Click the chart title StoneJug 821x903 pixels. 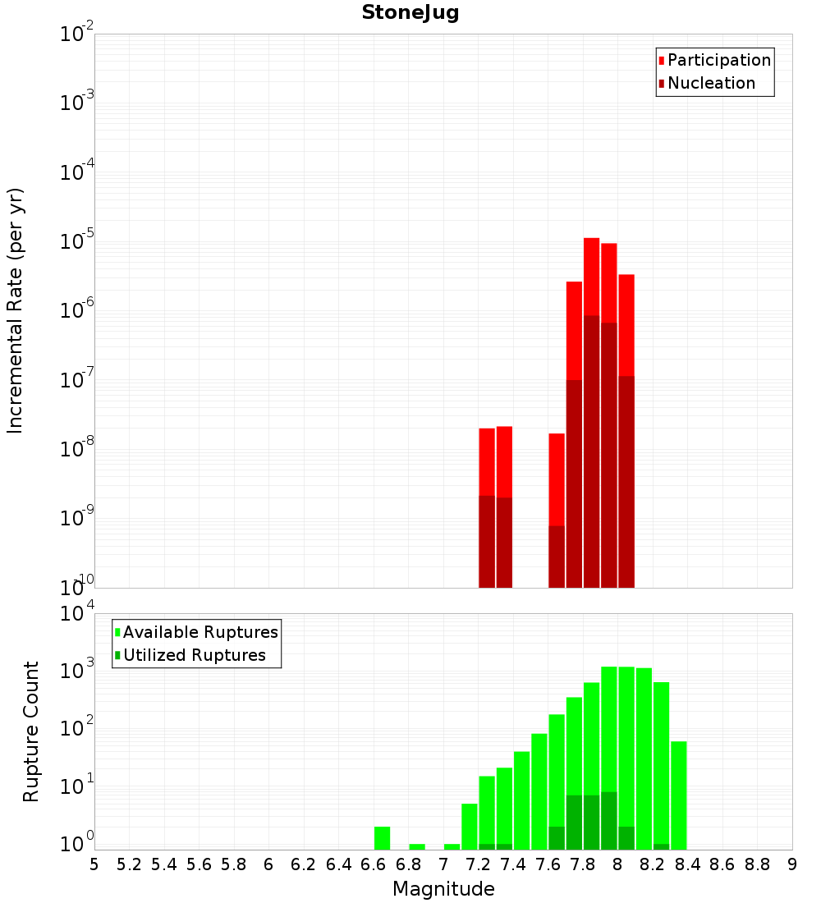click(410, 13)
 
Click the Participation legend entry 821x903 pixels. click(718, 61)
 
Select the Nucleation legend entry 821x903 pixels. click(710, 84)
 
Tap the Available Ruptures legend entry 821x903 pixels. click(200, 632)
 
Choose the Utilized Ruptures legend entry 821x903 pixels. click(194, 655)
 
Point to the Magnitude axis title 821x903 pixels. click(443, 889)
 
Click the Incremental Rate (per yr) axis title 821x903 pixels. click(16, 310)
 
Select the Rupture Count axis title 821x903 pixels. click(31, 731)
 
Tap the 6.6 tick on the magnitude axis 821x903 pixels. click(374, 864)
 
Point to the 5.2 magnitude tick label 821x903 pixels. click(129, 864)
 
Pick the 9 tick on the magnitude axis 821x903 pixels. click(792, 864)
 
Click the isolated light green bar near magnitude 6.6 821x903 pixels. click(382, 837)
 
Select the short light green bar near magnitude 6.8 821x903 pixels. click(417, 846)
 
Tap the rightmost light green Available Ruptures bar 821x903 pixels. click(679, 795)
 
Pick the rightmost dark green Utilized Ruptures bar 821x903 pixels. click(661, 846)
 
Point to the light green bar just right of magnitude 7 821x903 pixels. click(452, 846)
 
